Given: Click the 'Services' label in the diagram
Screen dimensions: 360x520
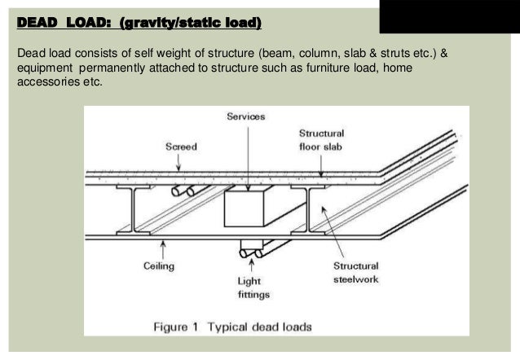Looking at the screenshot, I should pyautogui.click(x=245, y=117).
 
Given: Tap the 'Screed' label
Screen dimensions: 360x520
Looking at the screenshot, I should pyautogui.click(x=181, y=147).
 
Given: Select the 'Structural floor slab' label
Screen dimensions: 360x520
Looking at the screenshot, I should pyautogui.click(x=321, y=139).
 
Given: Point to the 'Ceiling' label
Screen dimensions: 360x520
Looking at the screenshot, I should pyautogui.click(x=160, y=267).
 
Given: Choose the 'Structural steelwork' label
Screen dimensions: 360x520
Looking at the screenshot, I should pyautogui.click(x=355, y=273).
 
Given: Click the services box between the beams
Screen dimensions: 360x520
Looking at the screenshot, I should pyautogui.click(x=248, y=209).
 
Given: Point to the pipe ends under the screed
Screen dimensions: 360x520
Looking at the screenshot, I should pyautogui.click(x=184, y=191).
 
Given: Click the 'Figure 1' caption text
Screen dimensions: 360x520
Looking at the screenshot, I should pyautogui.click(x=232, y=327).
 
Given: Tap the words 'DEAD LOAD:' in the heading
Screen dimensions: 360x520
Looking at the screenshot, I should pyautogui.click(x=62, y=21).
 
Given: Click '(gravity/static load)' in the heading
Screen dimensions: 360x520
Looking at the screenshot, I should pyautogui.click(x=190, y=21).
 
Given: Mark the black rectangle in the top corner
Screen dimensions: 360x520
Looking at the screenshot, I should pyautogui.click(x=449, y=16).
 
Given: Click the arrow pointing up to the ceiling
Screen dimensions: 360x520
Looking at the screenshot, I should pyautogui.click(x=160, y=249).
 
